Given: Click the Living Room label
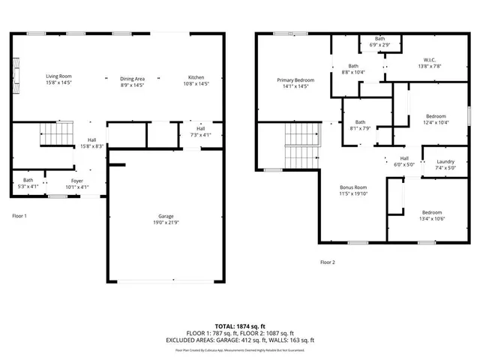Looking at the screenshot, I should tap(58, 76).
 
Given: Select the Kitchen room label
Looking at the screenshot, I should tap(196, 78).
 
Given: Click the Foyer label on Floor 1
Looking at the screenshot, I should tap(78, 180).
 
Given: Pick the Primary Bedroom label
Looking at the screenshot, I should tap(295, 80).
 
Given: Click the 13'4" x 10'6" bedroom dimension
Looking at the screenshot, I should tap(431, 218).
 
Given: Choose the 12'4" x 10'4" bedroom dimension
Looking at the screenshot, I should tap(436, 122).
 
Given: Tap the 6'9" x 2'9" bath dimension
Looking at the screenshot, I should tap(380, 45).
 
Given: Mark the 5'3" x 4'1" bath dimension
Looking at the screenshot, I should tap(28, 187).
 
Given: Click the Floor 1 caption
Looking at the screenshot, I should tap(20, 216).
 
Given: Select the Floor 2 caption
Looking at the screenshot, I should tap(328, 262).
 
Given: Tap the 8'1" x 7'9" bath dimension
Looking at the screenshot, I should tap(361, 128).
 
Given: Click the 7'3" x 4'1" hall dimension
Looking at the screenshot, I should tap(202, 135).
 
